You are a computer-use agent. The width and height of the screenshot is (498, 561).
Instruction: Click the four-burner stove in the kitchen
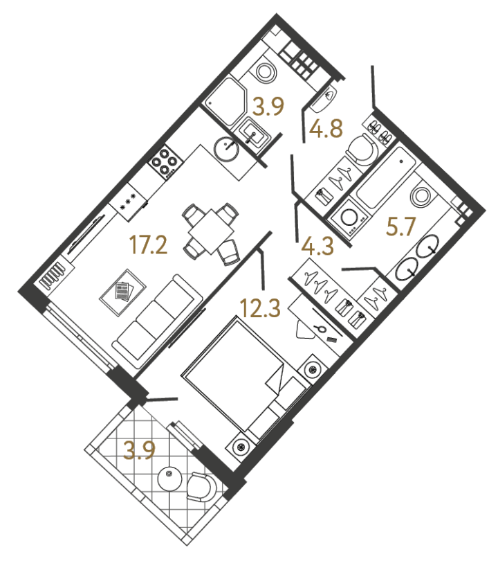coord(165,163)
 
